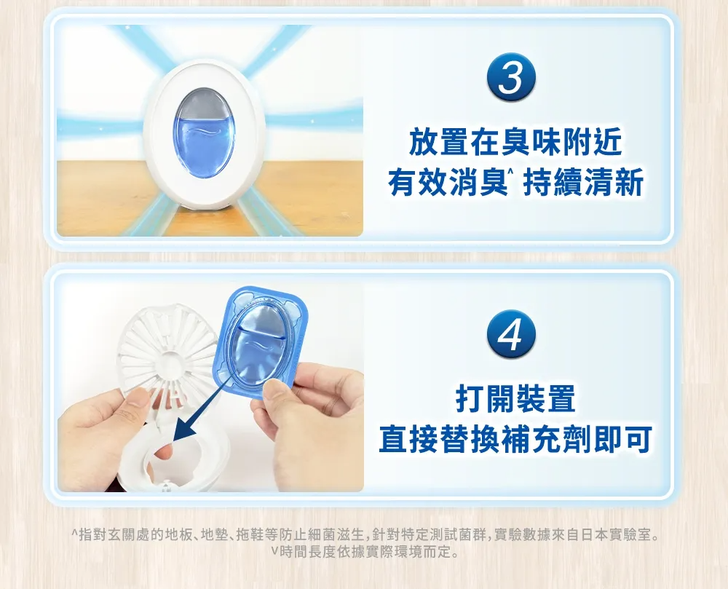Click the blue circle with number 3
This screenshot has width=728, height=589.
tap(511, 78)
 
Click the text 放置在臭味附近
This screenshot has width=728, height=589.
tap(515, 142)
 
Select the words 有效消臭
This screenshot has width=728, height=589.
tap(448, 183)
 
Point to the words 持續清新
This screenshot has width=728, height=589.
tap(583, 183)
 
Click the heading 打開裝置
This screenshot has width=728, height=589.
tap(515, 398)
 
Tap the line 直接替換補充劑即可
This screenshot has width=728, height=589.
tap(515, 438)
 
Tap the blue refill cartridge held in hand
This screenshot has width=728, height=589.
tap(259, 341)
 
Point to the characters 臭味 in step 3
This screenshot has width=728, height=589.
tap(530, 142)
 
